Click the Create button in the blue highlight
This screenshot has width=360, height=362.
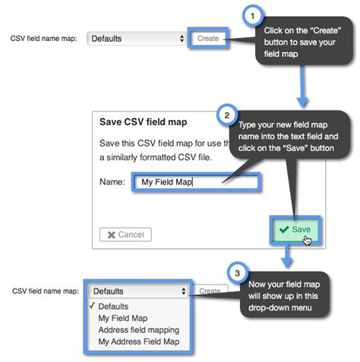click(207, 38)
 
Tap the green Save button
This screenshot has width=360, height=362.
click(295, 228)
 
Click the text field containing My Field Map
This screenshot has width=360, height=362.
click(196, 182)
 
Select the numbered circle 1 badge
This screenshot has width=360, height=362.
click(253, 16)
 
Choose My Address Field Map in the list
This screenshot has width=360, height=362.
click(138, 342)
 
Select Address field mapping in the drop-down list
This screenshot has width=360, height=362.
click(138, 330)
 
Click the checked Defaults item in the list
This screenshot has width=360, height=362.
click(114, 307)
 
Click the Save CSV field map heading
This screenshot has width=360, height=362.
click(144, 121)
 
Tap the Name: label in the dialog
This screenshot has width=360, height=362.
click(112, 182)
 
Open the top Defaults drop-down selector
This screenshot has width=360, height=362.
click(137, 38)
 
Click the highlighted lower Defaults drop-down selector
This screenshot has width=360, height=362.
click(138, 291)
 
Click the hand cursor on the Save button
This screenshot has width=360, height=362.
click(307, 240)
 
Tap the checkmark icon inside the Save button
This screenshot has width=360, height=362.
click(283, 228)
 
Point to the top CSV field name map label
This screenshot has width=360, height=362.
click(43, 38)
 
